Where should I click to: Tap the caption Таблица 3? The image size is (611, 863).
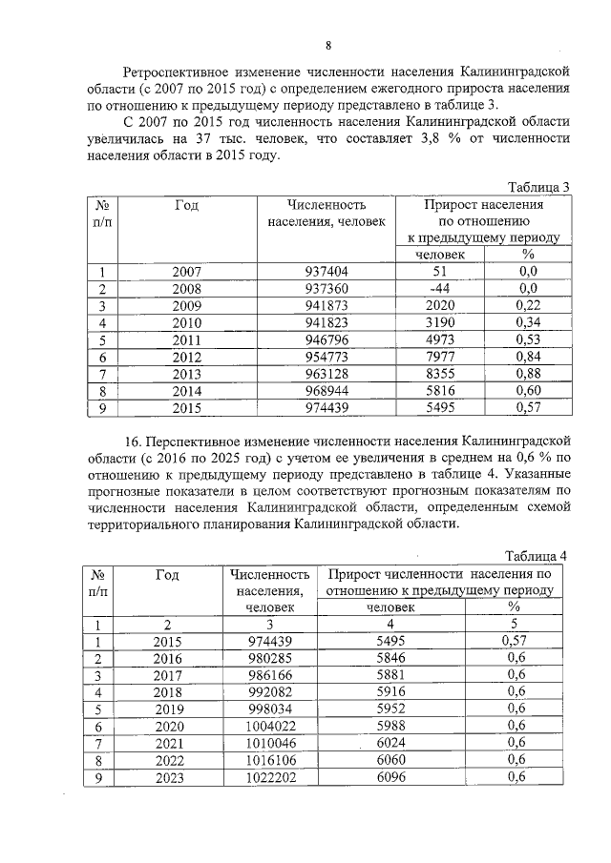pyautogui.click(x=537, y=186)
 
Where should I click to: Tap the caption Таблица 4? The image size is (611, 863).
pyautogui.click(x=537, y=556)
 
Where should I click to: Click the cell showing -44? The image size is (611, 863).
pyautogui.click(x=439, y=288)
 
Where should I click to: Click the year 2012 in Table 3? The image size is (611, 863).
pyautogui.click(x=187, y=356)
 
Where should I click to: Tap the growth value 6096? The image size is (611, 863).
pyautogui.click(x=391, y=776)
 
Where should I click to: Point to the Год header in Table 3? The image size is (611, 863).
pyautogui.click(x=187, y=205)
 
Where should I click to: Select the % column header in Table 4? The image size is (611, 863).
pyautogui.click(x=513, y=606)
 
